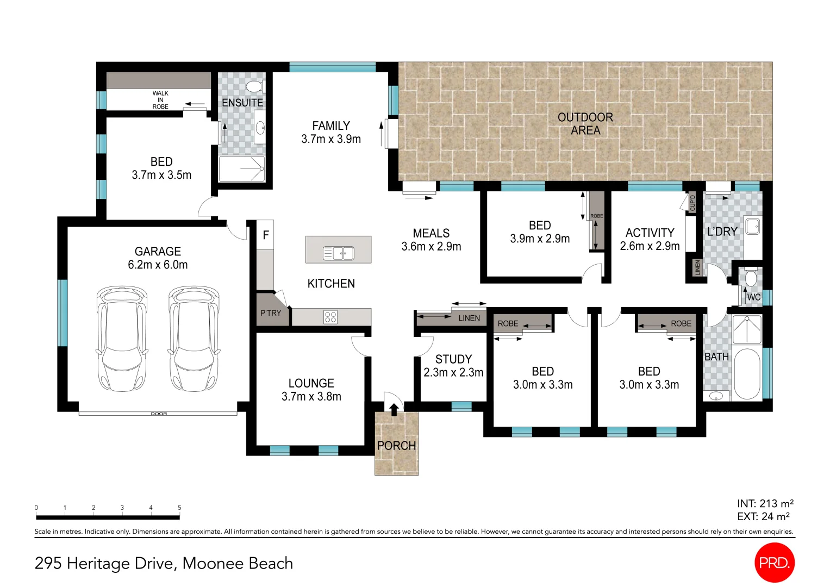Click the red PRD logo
pyautogui.click(x=774, y=563)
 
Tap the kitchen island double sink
pyautogui.click(x=339, y=253)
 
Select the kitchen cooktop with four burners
pyautogui.click(x=330, y=317)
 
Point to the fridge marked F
pyautogui.click(x=265, y=235)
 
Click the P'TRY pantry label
pyautogui.click(x=271, y=313)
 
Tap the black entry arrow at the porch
pyautogui.click(x=394, y=409)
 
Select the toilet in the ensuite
pyautogui.click(x=254, y=86)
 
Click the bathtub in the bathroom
pyautogui.click(x=747, y=373)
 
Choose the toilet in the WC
pyautogui.click(x=751, y=278)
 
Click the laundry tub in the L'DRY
pyautogui.click(x=752, y=226)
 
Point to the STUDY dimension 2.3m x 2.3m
pyautogui.click(x=453, y=372)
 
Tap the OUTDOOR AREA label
pyautogui.click(x=585, y=124)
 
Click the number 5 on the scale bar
pyautogui.click(x=179, y=508)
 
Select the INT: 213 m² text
pyautogui.click(x=765, y=503)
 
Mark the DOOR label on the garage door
pyautogui.click(x=159, y=414)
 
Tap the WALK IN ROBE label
pyautogui.click(x=160, y=100)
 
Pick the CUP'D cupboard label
pyautogui.click(x=692, y=203)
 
